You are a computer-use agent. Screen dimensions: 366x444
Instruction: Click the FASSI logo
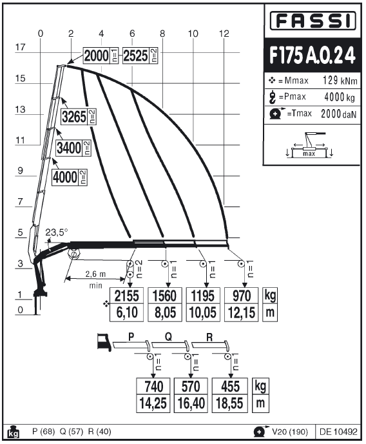click(x=313, y=21)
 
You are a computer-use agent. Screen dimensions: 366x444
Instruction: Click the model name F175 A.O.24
click(x=313, y=55)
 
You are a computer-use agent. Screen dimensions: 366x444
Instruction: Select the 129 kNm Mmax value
click(x=340, y=81)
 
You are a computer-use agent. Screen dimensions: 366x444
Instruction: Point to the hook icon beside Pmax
click(x=273, y=97)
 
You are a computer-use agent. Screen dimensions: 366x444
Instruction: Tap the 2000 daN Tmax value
click(x=338, y=114)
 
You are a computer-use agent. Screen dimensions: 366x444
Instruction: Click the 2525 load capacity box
click(x=140, y=55)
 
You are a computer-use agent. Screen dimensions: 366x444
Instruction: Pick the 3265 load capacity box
click(x=79, y=116)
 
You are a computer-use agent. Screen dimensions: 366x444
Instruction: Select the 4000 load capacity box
click(x=70, y=177)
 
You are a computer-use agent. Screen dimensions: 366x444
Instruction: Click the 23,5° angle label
click(x=57, y=232)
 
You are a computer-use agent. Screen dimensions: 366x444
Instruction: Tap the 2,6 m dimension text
click(x=95, y=274)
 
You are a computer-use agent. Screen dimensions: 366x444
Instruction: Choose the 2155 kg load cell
click(x=126, y=296)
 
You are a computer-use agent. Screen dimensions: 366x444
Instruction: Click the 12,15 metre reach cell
click(x=242, y=313)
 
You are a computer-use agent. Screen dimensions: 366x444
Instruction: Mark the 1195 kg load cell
click(x=203, y=296)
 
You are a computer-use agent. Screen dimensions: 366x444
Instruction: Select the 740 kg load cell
click(x=153, y=386)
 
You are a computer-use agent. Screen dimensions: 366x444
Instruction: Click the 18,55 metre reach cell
click(x=229, y=403)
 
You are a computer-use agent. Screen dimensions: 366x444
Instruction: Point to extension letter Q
click(x=168, y=337)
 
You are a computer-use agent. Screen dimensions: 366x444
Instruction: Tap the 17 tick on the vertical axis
click(x=21, y=47)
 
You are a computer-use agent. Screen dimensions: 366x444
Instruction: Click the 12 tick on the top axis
click(x=224, y=34)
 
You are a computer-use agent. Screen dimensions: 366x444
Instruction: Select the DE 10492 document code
click(x=338, y=432)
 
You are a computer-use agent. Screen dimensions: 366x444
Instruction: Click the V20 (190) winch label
click(x=290, y=432)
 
